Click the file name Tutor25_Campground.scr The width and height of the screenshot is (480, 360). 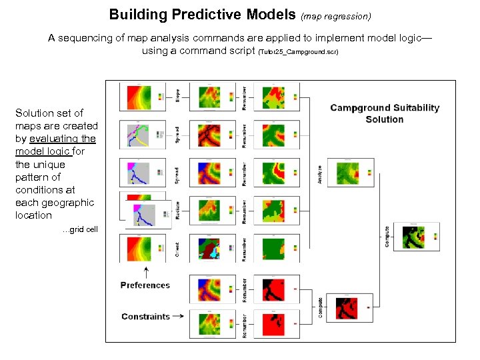[299, 51]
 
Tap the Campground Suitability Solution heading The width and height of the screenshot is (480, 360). [385, 113]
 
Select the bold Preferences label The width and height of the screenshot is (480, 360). [145, 285]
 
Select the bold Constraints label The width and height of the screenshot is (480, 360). [145, 317]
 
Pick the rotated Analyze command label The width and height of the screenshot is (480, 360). [320, 174]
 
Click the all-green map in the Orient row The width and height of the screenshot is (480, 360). [271, 247]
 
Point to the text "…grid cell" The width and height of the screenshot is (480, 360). [79, 229]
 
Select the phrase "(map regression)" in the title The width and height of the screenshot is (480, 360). [337, 15]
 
